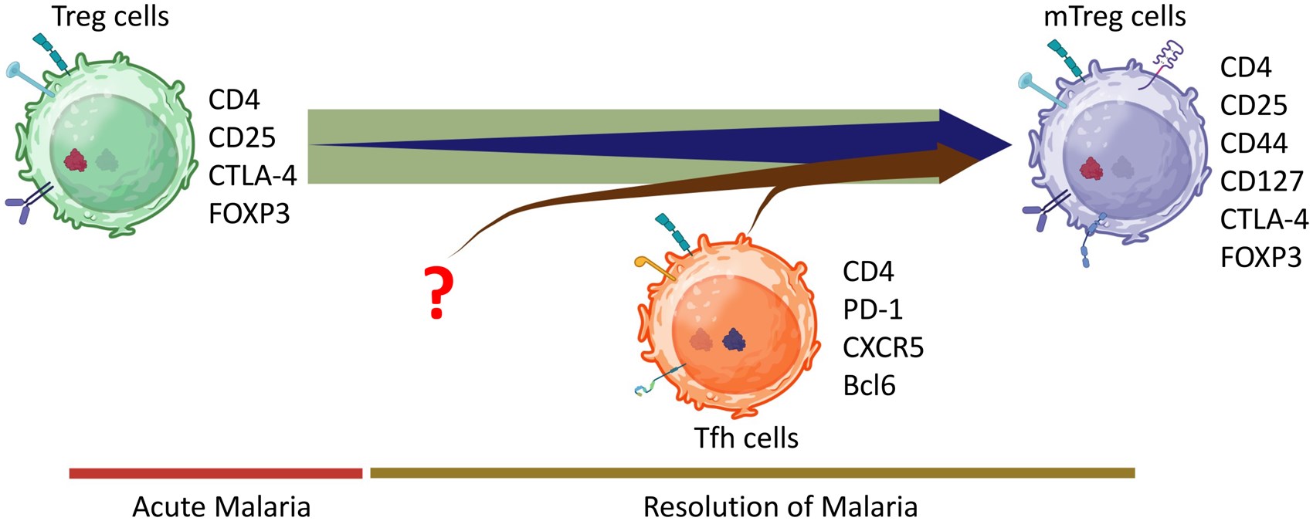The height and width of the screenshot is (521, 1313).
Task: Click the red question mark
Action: coord(437,291)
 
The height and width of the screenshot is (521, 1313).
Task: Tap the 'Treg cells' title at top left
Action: coord(110,16)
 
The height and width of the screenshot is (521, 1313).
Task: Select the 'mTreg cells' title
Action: coord(1114,16)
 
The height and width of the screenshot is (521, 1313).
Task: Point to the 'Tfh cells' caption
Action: coord(746,438)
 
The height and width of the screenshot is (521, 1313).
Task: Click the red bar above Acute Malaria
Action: coord(215,473)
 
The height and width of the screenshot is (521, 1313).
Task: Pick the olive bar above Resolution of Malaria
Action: coord(752,473)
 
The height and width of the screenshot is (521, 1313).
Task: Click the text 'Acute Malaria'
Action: coord(222,507)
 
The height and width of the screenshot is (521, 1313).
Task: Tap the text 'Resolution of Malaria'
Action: coord(780,507)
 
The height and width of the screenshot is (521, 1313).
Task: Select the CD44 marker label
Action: coord(1254,144)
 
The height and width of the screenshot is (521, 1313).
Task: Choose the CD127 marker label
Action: coord(1261,181)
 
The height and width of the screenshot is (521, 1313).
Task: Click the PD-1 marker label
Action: coord(873,310)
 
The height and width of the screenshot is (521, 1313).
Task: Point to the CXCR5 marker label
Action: coord(883,347)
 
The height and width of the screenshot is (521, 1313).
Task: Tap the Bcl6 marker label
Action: coord(869,385)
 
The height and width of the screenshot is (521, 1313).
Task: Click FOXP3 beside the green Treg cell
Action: coord(249,213)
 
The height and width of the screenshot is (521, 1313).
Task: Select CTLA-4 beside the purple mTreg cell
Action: coord(1264,219)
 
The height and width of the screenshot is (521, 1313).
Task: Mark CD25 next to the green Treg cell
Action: coord(242,137)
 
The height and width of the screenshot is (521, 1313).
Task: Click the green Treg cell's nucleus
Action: coord(108,159)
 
